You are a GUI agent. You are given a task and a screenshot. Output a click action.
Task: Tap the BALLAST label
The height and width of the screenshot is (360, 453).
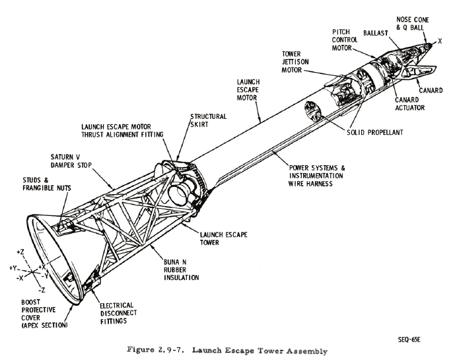(x=375, y=32)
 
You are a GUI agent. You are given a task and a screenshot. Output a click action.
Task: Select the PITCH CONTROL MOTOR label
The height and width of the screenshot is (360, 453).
(x=344, y=40)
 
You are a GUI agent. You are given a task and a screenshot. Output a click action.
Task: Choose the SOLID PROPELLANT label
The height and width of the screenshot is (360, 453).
(x=375, y=132)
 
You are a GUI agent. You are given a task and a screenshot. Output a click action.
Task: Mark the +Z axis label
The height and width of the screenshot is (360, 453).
(x=22, y=253)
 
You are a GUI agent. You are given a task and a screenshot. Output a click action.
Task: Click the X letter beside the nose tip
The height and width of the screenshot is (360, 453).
(x=439, y=41)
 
